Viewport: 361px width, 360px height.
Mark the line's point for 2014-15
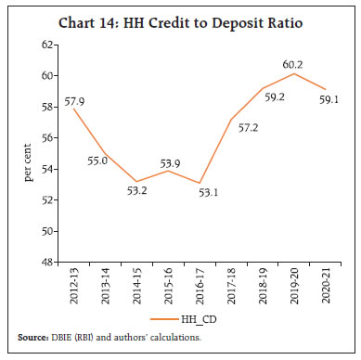click(140, 182)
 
